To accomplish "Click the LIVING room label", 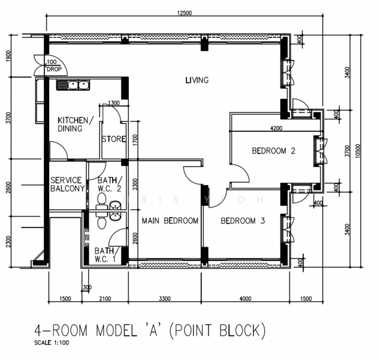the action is click(x=197, y=80).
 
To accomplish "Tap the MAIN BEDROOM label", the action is click(x=170, y=221).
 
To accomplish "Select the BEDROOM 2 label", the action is click(x=273, y=151).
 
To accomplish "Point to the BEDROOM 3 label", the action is click(x=243, y=221).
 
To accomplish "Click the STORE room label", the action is click(x=114, y=139).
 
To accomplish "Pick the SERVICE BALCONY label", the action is click(x=67, y=184).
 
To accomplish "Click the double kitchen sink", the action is click(x=73, y=85).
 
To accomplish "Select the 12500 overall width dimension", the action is click(x=184, y=13).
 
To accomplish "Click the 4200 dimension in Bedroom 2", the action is click(x=276, y=128).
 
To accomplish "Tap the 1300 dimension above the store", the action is click(x=114, y=103).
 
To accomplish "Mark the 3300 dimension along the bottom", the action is click(x=165, y=298).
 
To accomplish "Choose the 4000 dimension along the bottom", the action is click(x=245, y=298).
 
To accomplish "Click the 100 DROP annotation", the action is click(x=54, y=66).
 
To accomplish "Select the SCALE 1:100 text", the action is click(x=52, y=343).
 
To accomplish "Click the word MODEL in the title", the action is click(x=116, y=331).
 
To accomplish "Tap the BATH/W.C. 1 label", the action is click(x=105, y=255).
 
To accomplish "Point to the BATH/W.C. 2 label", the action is click(x=110, y=184).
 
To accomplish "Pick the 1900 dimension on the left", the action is click(x=9, y=56).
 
